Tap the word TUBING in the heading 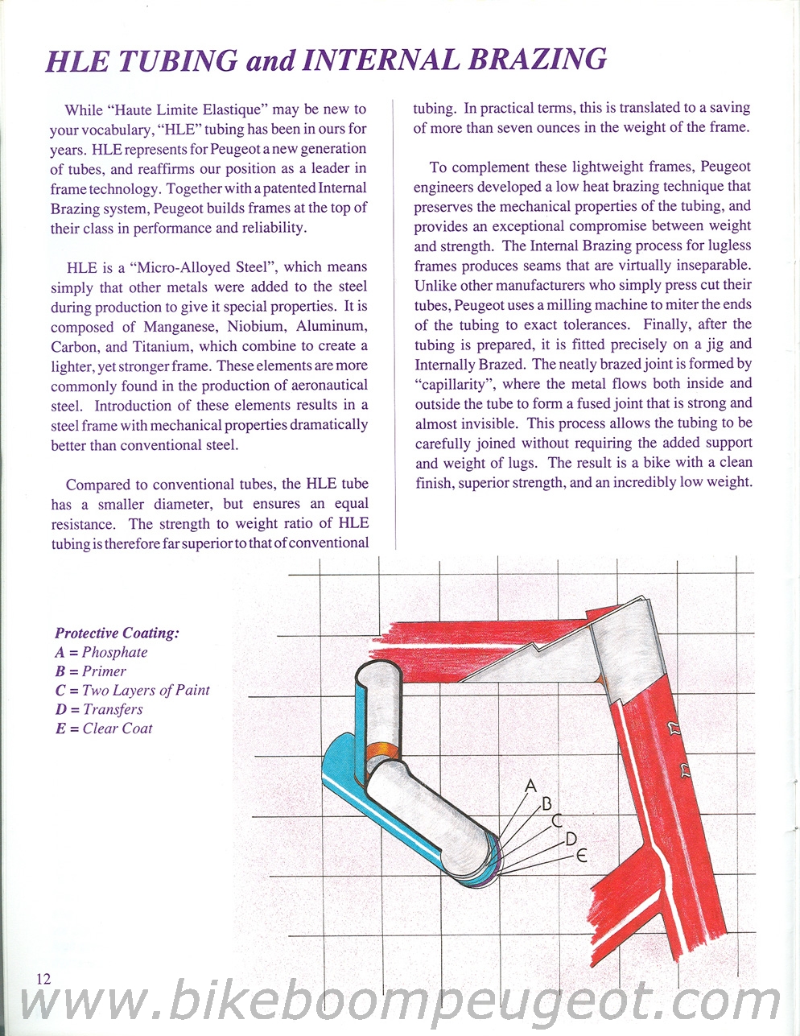pyautogui.click(x=178, y=60)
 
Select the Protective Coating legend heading pyautogui.click(x=118, y=633)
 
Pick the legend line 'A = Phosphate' pyautogui.click(x=101, y=652)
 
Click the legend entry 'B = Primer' pyautogui.click(x=90, y=671)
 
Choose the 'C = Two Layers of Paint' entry pyautogui.click(x=132, y=690)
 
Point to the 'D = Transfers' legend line pyautogui.click(x=99, y=709)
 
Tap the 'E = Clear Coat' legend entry pyautogui.click(x=103, y=728)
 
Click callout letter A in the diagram pyautogui.click(x=531, y=785)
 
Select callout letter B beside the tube pyautogui.click(x=546, y=804)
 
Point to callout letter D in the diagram pyautogui.click(x=571, y=839)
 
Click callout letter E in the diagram pyautogui.click(x=581, y=856)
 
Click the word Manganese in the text pyautogui.click(x=180, y=327)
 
